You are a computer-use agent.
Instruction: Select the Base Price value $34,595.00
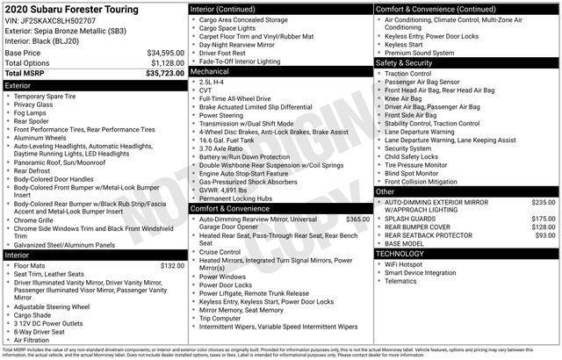click(x=165, y=53)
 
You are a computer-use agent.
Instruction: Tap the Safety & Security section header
click(x=403, y=63)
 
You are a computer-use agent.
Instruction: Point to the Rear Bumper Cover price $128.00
click(x=543, y=227)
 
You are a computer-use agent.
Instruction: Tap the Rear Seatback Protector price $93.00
click(x=545, y=235)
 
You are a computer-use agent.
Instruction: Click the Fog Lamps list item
click(x=31, y=112)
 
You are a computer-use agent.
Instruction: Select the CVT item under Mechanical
click(x=206, y=90)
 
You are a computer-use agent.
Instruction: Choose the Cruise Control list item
click(x=220, y=251)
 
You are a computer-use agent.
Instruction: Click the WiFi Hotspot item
click(x=403, y=263)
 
